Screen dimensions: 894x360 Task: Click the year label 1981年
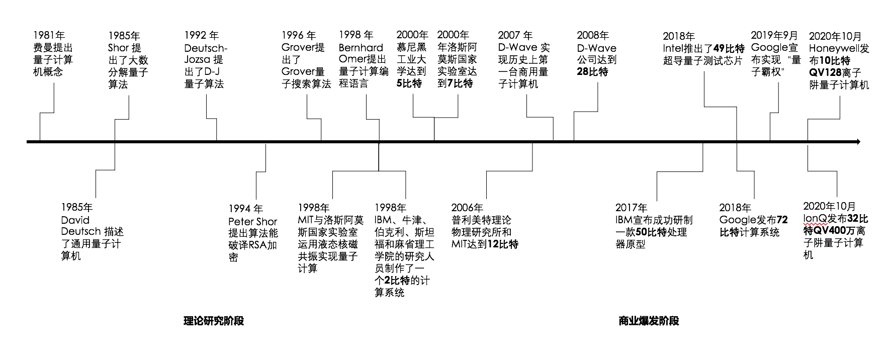point(49,35)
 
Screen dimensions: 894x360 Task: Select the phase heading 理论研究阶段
point(214,321)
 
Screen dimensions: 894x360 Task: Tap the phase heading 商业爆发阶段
point(649,321)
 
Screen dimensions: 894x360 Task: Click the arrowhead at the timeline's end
point(858,142)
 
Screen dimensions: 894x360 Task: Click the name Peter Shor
point(252,221)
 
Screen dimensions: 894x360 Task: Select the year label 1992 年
point(201,35)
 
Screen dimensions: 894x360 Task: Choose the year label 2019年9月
point(774,35)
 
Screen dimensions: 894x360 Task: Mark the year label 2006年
point(467,208)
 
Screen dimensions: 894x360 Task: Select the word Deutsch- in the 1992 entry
point(206,48)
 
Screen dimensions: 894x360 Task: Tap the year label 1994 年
point(245,209)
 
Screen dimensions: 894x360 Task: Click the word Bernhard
point(361,48)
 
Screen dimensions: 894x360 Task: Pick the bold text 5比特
point(409,83)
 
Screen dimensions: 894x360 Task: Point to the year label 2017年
point(632,208)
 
